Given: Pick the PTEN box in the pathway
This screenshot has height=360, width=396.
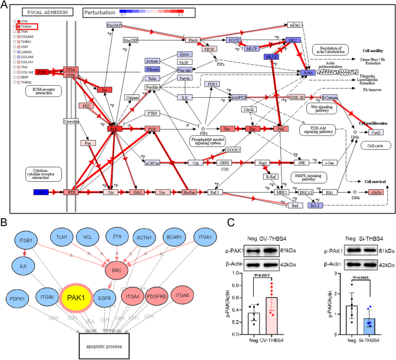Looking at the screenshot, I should pyautogui.click(x=151, y=113).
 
